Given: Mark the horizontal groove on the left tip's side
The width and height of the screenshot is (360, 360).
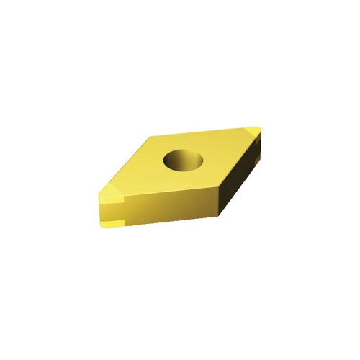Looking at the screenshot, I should click(x=108, y=213).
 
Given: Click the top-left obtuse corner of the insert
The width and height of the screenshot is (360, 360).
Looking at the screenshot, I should click(x=148, y=137).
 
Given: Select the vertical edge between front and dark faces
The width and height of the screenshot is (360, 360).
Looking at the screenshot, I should click(x=217, y=198).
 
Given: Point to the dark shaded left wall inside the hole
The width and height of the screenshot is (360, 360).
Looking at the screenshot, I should click(x=172, y=160).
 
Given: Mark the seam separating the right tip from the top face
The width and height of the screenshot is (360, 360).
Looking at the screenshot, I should click(x=247, y=132).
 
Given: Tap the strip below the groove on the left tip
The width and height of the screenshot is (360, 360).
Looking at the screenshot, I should click(x=108, y=219).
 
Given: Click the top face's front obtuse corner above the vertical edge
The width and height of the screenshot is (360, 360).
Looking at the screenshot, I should click(x=217, y=183).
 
